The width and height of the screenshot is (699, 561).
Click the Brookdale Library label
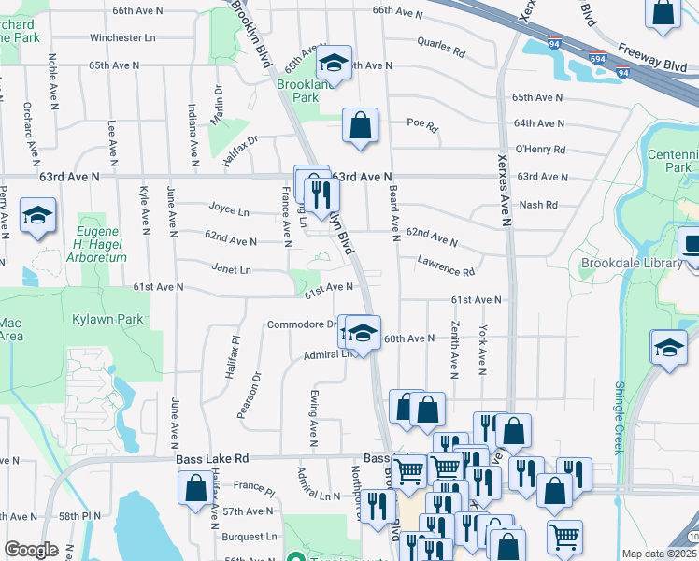(632, 263)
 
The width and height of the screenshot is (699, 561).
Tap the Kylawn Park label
(107, 319)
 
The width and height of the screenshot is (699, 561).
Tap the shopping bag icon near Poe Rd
(360, 126)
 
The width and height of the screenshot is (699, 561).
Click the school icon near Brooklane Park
(333, 63)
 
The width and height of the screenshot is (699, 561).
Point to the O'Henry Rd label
(540, 149)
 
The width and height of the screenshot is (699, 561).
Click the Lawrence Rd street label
(446, 266)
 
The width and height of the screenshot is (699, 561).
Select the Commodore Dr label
(302, 324)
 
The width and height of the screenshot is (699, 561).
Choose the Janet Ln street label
(232, 270)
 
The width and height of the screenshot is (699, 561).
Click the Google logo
(31, 549)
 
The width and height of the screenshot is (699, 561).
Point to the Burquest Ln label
(250, 537)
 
